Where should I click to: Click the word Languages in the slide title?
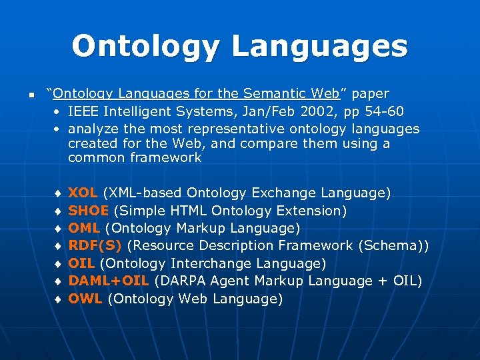319,47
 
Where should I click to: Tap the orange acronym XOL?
83,193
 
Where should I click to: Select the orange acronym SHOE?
89,211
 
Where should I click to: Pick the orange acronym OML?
84,228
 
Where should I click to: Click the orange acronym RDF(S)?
95,246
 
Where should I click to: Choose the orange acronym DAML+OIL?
109,281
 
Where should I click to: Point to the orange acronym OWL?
85,299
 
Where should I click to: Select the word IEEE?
84,110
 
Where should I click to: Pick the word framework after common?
167,158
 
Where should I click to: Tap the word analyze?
93,128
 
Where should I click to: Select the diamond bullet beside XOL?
59,193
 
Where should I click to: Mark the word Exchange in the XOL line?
285,193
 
